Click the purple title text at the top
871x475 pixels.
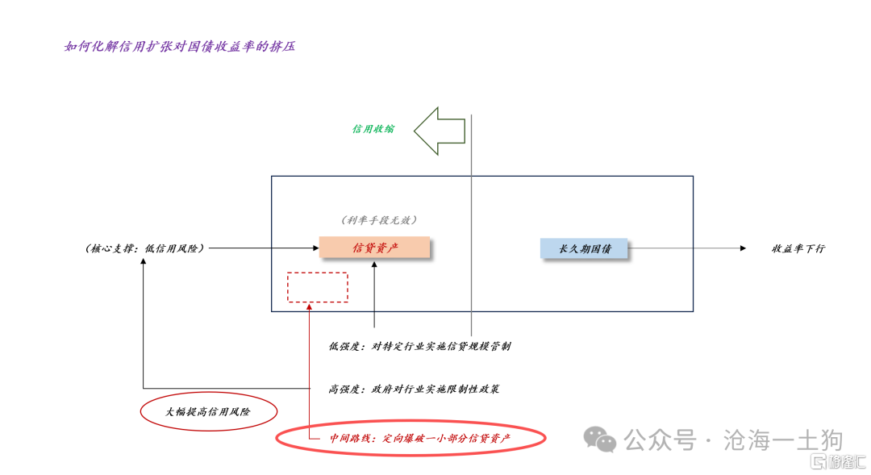point(179,46)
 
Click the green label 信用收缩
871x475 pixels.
point(373,129)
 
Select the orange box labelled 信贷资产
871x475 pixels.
point(374,248)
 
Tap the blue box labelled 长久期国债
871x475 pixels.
point(584,248)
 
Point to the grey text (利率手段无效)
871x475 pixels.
point(379,220)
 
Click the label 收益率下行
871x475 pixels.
point(798,248)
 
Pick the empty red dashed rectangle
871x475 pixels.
point(318,273)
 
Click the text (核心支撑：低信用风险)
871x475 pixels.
point(144,248)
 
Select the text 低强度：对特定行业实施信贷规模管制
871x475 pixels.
point(419,346)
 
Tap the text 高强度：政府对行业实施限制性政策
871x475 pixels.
point(413,389)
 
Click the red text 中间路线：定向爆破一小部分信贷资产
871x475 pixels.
point(419,439)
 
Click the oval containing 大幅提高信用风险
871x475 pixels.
point(208,394)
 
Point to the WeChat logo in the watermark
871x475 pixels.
point(600,440)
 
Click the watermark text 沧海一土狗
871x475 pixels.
point(783,440)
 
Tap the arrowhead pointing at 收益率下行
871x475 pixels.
point(743,248)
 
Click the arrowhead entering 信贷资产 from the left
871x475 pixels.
point(316,248)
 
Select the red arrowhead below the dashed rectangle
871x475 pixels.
point(309,306)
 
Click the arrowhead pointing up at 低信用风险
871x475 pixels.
point(144,261)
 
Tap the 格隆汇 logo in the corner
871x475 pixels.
point(839,461)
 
